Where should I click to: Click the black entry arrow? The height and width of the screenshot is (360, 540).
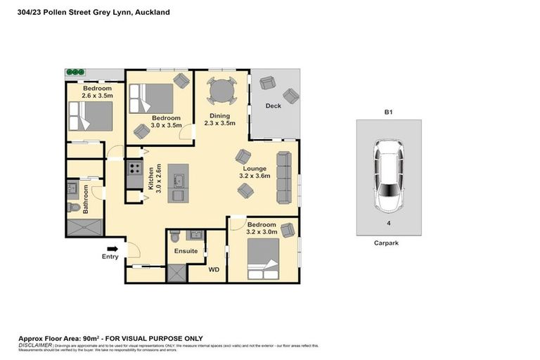pyautogui.click(x=112, y=248)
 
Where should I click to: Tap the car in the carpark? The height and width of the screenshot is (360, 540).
pyautogui.click(x=389, y=175)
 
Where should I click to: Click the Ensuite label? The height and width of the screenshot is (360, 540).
pyautogui.click(x=186, y=250)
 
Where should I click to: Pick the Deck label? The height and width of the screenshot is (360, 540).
pyautogui.click(x=274, y=106)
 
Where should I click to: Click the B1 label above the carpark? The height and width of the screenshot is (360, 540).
pyautogui.click(x=388, y=112)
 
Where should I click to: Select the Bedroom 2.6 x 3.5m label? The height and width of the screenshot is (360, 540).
pyautogui.click(x=89, y=91)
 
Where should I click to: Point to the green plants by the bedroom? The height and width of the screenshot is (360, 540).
pyautogui.click(x=75, y=72)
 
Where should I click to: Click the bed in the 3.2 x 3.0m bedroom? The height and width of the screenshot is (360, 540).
pyautogui.click(x=264, y=259)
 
